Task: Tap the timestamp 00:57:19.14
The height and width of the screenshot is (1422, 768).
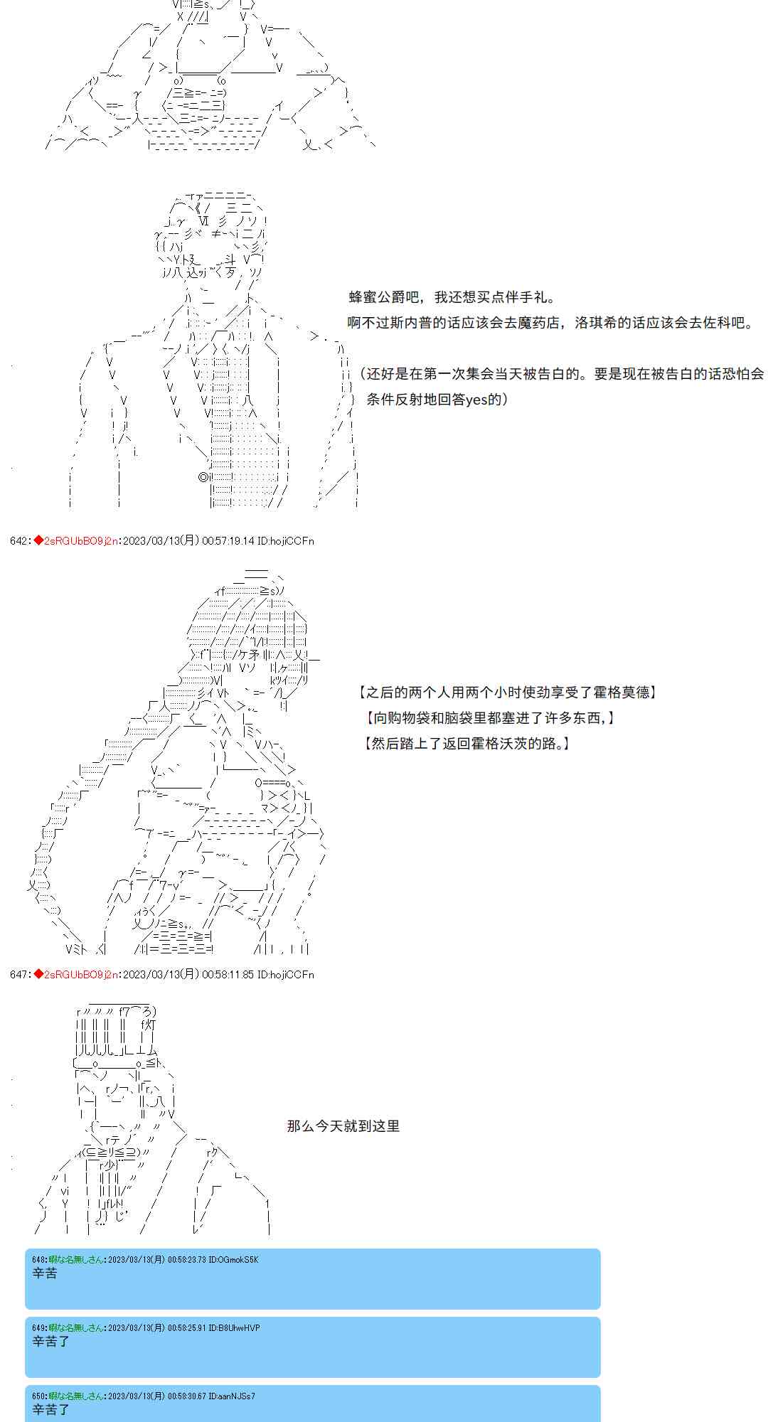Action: pos(228,541)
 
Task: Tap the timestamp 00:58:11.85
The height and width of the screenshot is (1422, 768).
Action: pos(228,975)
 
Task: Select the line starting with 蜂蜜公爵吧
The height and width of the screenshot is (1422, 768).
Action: pos(452,297)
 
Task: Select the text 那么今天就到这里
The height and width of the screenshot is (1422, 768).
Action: pos(343,1126)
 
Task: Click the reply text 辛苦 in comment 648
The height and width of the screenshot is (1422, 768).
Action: pos(45,1273)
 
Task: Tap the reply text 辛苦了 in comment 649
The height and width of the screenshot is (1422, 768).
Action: pos(51,1342)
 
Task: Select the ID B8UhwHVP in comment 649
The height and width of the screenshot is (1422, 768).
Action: pos(234,1328)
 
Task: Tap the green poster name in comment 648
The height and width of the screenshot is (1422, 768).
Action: pos(77,1260)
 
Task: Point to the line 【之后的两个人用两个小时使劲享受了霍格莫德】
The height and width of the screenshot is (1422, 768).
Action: pos(508,693)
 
